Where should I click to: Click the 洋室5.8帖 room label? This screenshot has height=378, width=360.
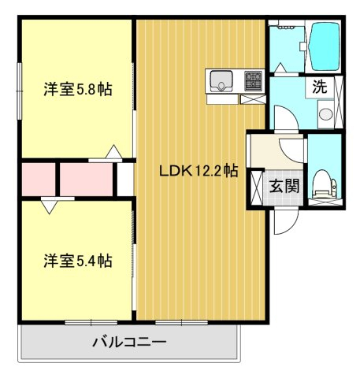coord(78,90)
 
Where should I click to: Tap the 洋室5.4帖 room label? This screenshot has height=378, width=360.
coord(78,261)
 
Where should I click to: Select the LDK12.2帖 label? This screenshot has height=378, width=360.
coord(199,171)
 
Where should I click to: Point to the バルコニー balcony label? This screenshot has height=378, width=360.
coord(129,343)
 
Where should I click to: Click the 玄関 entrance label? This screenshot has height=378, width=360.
coord(284,186)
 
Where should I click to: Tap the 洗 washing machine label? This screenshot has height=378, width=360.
coord(320,87)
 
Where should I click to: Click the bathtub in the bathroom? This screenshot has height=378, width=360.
coord(325,46)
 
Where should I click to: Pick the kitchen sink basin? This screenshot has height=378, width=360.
coord(221,81)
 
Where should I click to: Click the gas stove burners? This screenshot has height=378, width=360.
coord(254,81)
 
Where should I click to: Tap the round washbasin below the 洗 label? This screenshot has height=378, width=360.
coord(326,114)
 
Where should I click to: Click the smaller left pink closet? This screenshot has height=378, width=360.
coord(39,180)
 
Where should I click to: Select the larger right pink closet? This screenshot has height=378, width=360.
coord(87,180)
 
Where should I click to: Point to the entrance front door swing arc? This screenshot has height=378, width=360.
coord(290,226)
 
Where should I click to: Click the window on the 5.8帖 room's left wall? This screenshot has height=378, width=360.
coord(19,91)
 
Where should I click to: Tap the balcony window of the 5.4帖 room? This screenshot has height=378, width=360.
coord(91,322)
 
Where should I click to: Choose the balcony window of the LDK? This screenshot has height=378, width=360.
coord(182,322)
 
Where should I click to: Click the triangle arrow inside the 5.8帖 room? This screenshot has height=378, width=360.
coord(113,151)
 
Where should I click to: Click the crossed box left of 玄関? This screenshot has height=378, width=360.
coord(257,188)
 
